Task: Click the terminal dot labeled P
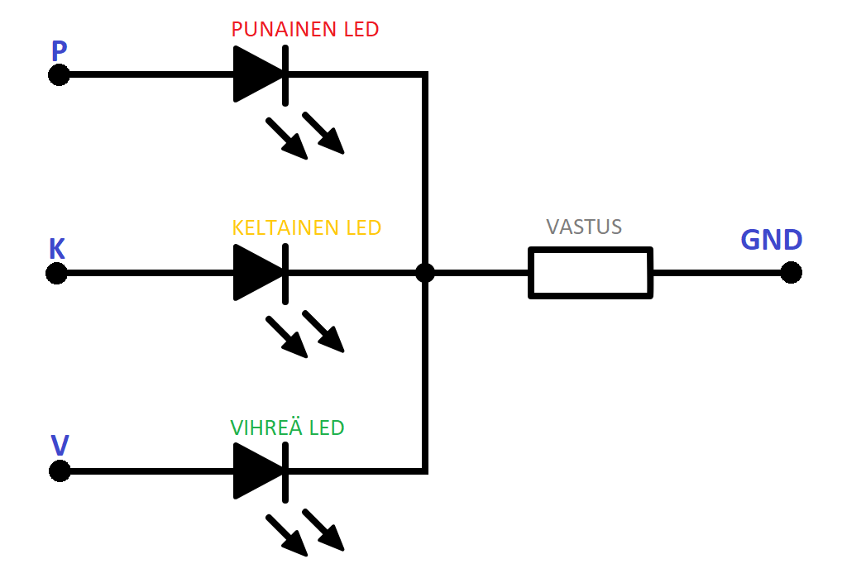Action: pyautogui.click(x=58, y=75)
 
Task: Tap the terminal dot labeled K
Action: pyautogui.click(x=56, y=273)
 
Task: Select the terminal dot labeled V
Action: pyautogui.click(x=59, y=471)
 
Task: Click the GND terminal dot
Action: pyautogui.click(x=792, y=273)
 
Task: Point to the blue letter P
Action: pyautogui.click(x=59, y=51)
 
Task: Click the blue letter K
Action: pyautogui.click(x=57, y=249)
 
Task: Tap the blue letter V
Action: pyautogui.click(x=60, y=446)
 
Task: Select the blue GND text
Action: pyautogui.click(x=771, y=240)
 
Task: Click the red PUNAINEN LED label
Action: pyautogui.click(x=304, y=30)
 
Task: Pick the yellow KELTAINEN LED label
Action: pyautogui.click(x=306, y=227)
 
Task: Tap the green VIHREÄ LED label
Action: pyautogui.click(x=287, y=428)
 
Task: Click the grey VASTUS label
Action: pyautogui.click(x=584, y=227)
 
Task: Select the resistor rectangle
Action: pyautogui.click(x=590, y=272)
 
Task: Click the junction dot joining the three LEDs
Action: pyautogui.click(x=425, y=273)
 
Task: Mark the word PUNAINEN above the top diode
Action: pyautogui.click(x=283, y=30)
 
